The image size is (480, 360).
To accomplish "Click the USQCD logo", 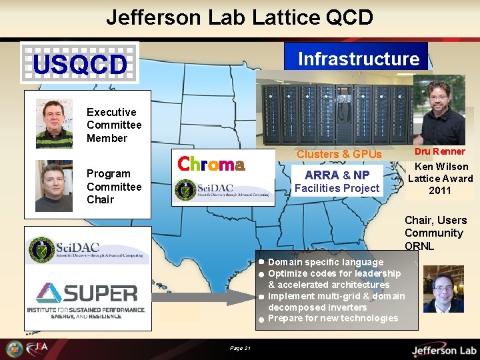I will pos(79,63).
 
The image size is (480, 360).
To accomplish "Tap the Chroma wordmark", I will pos(211,164).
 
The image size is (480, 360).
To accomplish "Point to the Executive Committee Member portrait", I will pos(54,124).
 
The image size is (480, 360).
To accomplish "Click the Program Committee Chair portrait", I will pos(54,186).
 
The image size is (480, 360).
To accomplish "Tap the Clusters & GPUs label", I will pos(339,155).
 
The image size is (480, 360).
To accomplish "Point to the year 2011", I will pos(440,191).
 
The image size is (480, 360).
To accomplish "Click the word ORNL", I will pos(419,246).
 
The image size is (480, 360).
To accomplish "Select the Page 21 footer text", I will pos(239,348).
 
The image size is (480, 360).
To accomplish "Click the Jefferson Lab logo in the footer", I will pos(443,349).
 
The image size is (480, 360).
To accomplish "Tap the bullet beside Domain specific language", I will pos(263,262).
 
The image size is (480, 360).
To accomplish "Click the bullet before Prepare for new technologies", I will pos(263,319).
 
